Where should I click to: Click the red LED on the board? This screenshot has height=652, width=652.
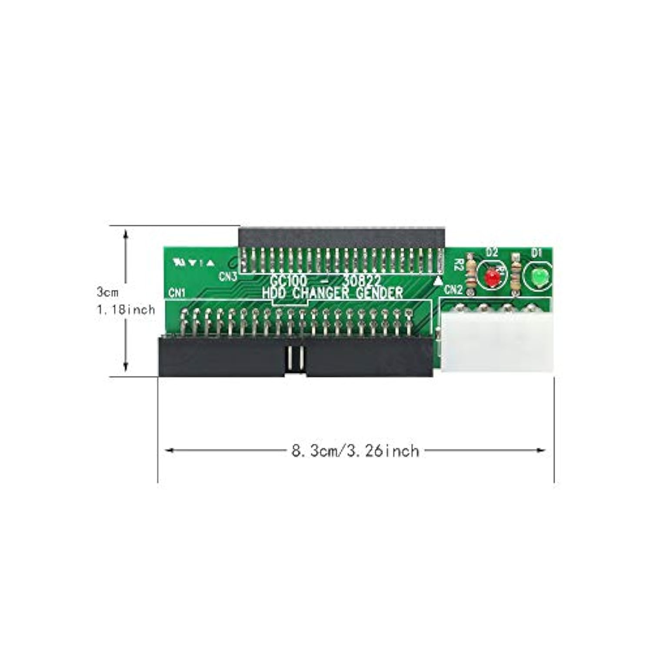click(x=492, y=277)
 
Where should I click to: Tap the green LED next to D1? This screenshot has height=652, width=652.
click(x=538, y=277)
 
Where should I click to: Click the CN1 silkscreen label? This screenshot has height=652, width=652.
click(x=177, y=293)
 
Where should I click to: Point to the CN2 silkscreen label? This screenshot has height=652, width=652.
click(x=453, y=289)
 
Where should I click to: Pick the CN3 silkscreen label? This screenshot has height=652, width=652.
click(x=228, y=276)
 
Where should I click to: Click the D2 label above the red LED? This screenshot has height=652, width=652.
click(x=492, y=252)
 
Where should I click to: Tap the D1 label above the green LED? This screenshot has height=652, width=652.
click(x=537, y=252)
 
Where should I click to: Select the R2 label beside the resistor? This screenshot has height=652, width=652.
click(x=458, y=265)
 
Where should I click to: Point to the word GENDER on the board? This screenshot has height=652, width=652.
click(x=379, y=293)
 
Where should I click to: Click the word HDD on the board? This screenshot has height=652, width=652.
click(x=275, y=293)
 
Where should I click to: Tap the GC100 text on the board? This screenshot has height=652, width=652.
click(x=288, y=281)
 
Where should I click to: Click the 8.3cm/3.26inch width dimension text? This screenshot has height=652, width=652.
click(x=355, y=451)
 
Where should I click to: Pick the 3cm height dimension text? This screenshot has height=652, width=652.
click(x=107, y=292)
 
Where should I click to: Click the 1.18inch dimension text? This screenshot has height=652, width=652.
click(x=126, y=309)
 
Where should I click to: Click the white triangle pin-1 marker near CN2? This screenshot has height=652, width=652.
click(x=438, y=281)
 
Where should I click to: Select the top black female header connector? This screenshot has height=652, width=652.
click(x=341, y=237)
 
